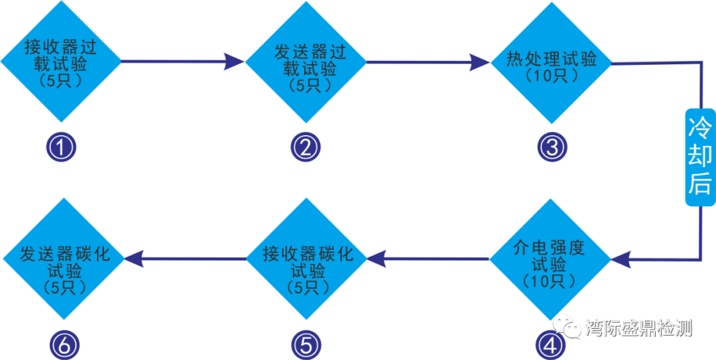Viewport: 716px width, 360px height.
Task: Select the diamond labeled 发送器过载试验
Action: point(306,63)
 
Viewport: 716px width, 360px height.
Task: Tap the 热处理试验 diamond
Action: point(550,63)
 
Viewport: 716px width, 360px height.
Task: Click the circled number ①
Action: point(62,148)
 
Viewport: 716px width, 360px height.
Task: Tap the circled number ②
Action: point(306,148)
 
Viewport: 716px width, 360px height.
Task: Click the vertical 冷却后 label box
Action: point(699,157)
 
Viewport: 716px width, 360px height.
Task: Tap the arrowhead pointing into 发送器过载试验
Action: point(233,62)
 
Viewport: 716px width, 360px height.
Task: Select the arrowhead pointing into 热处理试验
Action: point(479,62)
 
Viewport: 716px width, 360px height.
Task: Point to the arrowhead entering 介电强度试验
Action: point(621,260)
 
